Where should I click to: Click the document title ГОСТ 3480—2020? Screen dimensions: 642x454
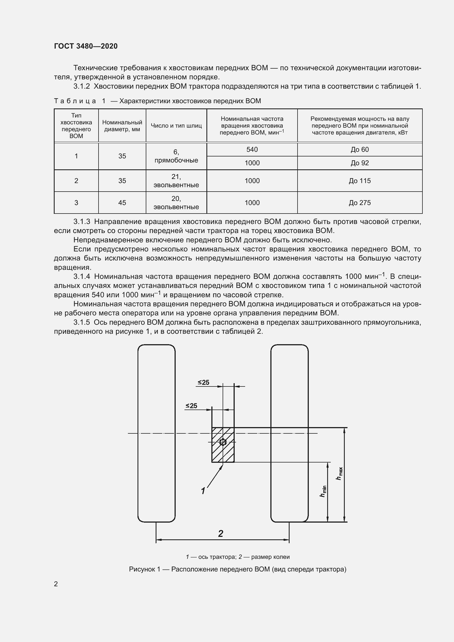pos(86,46)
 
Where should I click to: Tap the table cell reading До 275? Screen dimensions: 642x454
pos(360,203)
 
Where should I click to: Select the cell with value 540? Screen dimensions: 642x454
pos(252,150)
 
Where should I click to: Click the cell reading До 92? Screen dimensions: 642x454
pos(360,163)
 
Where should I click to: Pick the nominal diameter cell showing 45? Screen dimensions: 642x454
pos(122,203)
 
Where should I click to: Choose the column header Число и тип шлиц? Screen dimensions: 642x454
pos(176,126)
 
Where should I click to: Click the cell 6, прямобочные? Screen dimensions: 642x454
pos(176,156)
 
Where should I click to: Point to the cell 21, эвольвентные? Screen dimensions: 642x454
pos(176,181)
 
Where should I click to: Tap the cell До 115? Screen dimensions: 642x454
pos(360,181)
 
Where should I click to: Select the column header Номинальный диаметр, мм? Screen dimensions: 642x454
pos(122,126)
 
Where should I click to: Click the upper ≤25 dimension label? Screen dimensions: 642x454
pos(203,383)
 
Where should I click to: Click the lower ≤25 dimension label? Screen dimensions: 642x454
pos(191,406)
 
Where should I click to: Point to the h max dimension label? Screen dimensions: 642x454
pos(339,474)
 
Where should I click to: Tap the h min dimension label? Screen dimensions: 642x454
pos(323,491)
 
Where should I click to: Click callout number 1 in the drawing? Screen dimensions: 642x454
pos(203,491)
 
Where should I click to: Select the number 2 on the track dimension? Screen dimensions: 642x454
pos(221,534)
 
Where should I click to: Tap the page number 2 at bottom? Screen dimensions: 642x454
pos(56,584)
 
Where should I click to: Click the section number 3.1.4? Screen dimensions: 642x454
pos(82,277)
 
